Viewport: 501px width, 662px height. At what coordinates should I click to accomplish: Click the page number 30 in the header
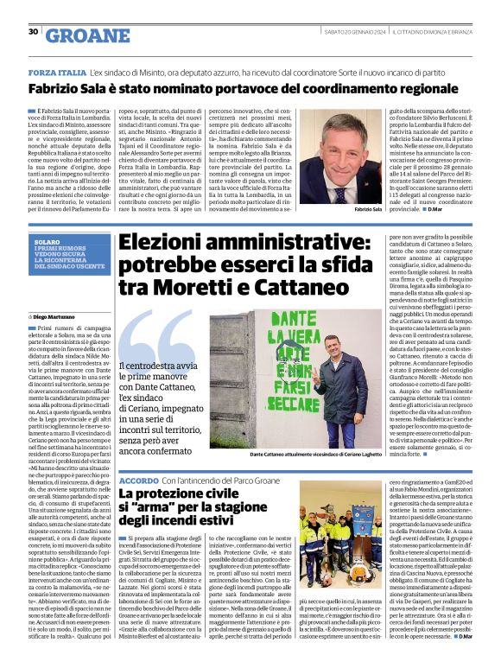tap(33, 32)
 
